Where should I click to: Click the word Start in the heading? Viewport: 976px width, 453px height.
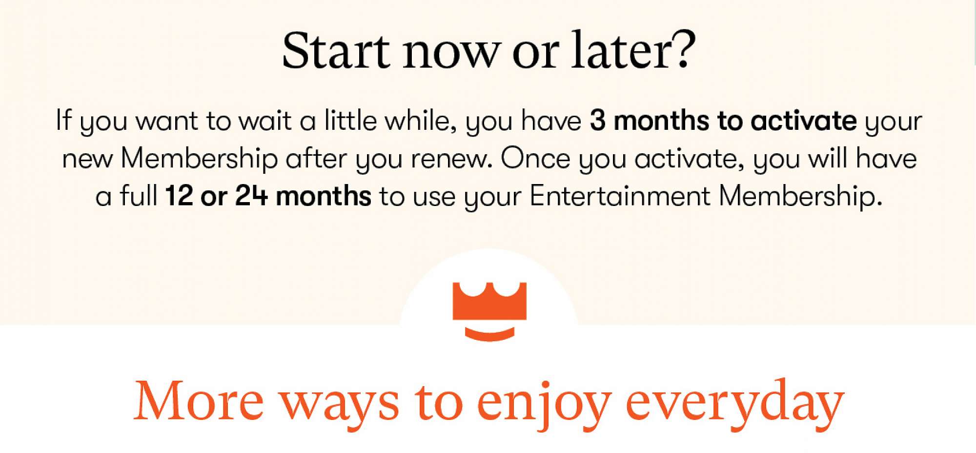tap(336, 50)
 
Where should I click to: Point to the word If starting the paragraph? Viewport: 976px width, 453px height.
tap(63, 120)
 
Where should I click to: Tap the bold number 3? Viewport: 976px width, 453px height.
tap(597, 121)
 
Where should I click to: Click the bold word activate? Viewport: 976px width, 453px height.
tap(803, 121)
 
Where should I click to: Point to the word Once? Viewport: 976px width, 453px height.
tap(535, 159)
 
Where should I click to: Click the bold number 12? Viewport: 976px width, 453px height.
tap(179, 196)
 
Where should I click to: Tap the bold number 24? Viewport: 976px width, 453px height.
tap(251, 196)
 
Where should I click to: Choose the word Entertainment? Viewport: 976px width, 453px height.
tap(619, 196)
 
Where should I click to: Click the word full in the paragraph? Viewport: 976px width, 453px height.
tap(139, 196)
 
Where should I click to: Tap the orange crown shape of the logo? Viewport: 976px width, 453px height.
tap(489, 301)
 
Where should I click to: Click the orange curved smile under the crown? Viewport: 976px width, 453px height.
tap(489, 334)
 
